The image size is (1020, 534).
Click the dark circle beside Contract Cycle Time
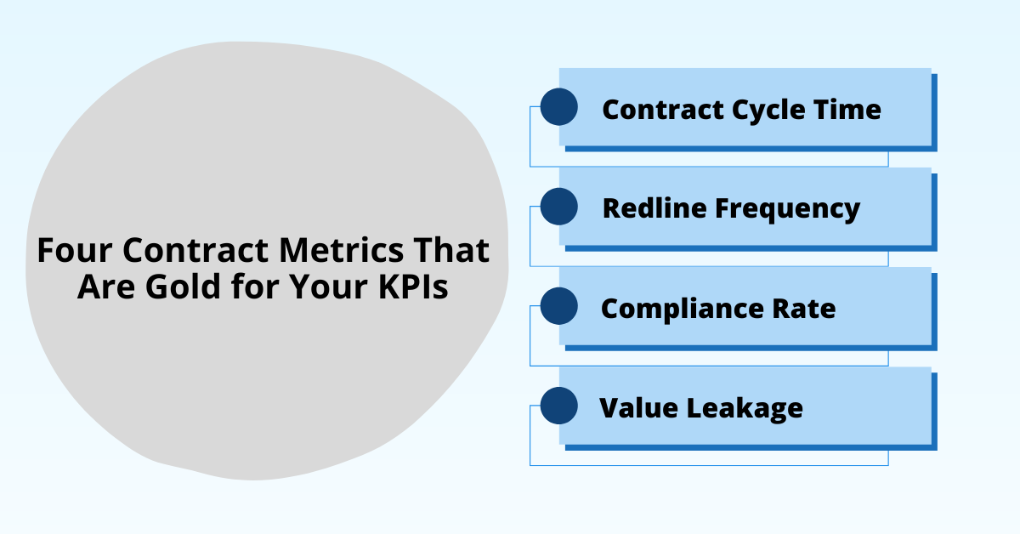(x=559, y=106)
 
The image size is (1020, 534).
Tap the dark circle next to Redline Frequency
(x=559, y=207)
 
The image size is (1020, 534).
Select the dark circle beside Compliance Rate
(x=559, y=306)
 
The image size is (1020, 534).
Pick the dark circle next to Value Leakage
(x=559, y=406)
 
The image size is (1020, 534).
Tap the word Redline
(x=654, y=208)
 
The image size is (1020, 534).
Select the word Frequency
(x=787, y=210)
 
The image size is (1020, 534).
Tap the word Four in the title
(x=75, y=250)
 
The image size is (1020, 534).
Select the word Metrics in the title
(x=341, y=250)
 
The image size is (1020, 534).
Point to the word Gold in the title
(x=183, y=287)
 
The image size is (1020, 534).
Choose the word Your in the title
(x=329, y=287)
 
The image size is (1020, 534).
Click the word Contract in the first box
(x=663, y=110)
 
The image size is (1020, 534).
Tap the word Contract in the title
(x=195, y=250)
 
